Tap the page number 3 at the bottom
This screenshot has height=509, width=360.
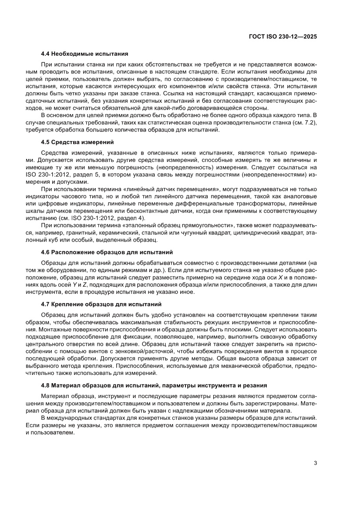315,463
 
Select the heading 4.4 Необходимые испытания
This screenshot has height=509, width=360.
84,54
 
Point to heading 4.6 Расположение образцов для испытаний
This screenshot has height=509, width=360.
107,252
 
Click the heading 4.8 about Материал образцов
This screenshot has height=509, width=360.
154,385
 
